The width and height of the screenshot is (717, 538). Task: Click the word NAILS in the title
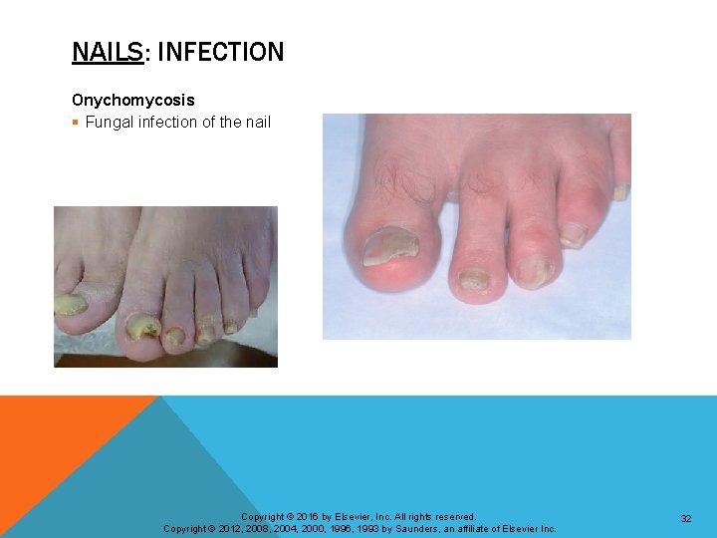[108, 52]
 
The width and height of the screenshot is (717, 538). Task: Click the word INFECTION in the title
[220, 52]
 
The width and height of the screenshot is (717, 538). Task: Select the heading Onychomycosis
[133, 101]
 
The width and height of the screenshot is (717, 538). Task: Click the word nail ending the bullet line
[257, 123]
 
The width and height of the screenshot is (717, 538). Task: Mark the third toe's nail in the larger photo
[533, 269]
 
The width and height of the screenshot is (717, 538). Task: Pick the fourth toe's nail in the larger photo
[574, 235]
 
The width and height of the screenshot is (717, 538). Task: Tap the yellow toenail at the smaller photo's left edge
[70, 304]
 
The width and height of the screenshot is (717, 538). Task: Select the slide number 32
[686, 519]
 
